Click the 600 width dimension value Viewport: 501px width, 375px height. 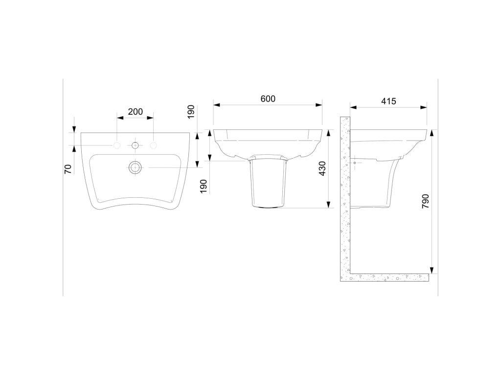268,99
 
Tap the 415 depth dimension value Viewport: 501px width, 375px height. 388,101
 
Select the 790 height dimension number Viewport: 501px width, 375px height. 425,201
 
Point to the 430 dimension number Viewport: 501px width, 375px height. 322,168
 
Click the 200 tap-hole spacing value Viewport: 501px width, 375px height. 135,112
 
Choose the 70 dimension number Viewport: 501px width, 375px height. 68,169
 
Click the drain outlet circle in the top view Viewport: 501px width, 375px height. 135,167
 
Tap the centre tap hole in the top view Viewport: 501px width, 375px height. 135,146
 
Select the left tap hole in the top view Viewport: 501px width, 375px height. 117,146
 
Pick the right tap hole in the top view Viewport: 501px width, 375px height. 154,146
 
